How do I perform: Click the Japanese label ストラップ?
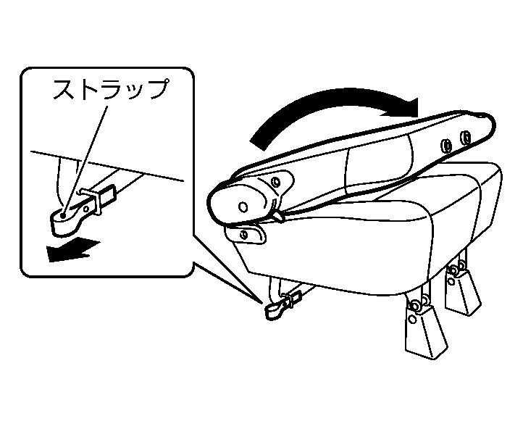pyautogui.click(x=110, y=91)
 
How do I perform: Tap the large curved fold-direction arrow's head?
pyautogui.click(x=406, y=107)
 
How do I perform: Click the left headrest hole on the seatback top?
pyautogui.click(x=446, y=146)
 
